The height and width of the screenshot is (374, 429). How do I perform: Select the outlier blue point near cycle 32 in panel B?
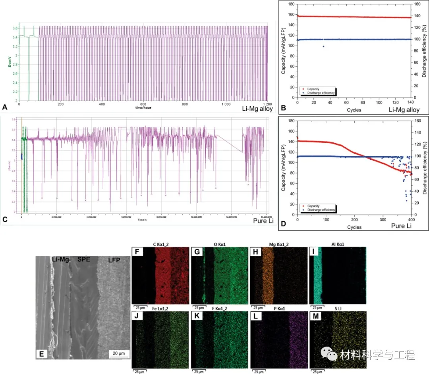coord(323,46)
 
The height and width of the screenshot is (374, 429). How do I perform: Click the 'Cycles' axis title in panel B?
coord(354,110)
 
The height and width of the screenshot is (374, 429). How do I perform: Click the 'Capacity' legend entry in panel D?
coord(314,206)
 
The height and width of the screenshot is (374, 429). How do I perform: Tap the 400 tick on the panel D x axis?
coord(411,219)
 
